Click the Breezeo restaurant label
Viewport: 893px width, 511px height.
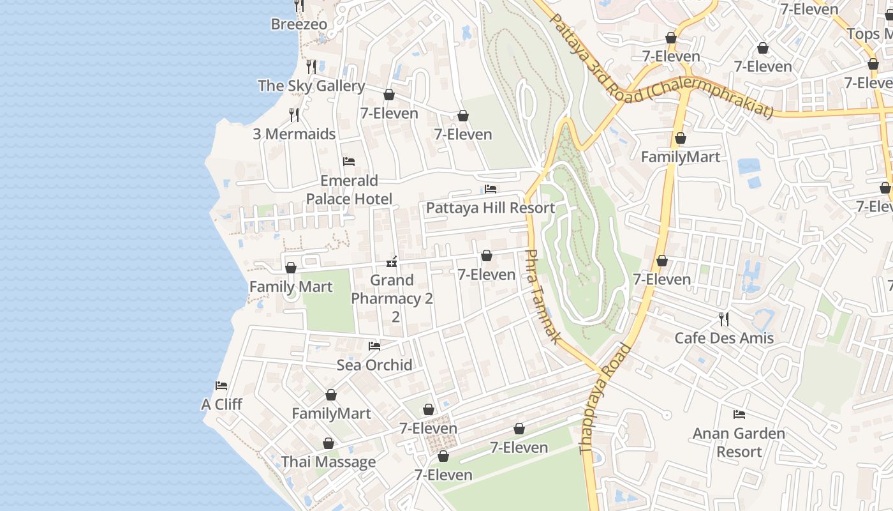tap(299, 24)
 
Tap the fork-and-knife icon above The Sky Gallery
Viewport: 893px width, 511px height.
tap(311, 66)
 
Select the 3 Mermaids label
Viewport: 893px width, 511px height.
tap(294, 134)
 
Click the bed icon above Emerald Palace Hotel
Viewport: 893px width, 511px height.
tap(349, 162)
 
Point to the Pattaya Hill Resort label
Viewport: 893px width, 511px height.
tap(490, 208)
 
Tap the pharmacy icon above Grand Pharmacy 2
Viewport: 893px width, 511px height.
tap(392, 261)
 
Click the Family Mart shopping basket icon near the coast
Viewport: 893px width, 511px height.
tap(291, 268)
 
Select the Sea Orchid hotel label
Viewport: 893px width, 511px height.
tap(374, 365)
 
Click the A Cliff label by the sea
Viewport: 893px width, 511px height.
tap(221, 404)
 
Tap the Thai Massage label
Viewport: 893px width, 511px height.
tap(328, 462)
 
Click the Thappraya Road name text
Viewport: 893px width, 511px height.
tap(605, 399)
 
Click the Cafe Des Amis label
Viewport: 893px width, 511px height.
tap(724, 338)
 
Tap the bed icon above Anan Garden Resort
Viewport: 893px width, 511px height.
tap(739, 415)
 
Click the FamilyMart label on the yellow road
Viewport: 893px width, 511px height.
tap(680, 157)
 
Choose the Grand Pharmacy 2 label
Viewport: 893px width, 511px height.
tap(392, 298)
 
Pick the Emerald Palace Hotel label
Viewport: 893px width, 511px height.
tap(349, 190)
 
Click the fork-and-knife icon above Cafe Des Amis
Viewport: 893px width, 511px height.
tap(724, 319)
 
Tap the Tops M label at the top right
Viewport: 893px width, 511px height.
tap(871, 34)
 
